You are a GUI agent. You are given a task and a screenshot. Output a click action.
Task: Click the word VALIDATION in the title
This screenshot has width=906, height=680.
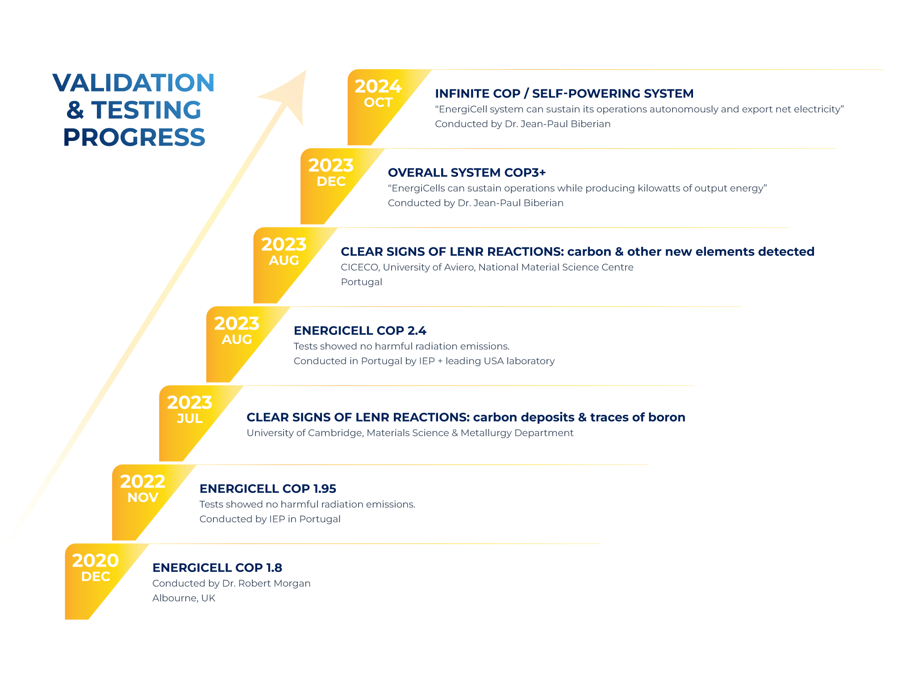pyautogui.click(x=134, y=83)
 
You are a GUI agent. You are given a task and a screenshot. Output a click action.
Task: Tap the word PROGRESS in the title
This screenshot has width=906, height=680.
pyautogui.click(x=134, y=137)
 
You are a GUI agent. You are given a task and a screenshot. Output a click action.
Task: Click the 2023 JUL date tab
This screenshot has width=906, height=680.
pyautogui.click(x=189, y=410)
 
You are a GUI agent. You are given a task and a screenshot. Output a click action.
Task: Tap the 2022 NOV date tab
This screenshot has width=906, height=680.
pyautogui.click(x=142, y=489)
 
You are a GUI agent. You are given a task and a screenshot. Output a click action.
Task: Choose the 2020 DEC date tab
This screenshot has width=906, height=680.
pyautogui.click(x=95, y=568)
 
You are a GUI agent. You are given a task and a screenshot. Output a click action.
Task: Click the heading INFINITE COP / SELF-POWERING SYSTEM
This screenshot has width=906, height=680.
pyautogui.click(x=564, y=94)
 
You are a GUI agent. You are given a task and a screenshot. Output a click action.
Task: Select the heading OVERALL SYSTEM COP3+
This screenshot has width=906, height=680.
pyautogui.click(x=467, y=173)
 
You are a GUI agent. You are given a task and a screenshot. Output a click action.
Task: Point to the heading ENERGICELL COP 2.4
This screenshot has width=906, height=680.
pyautogui.click(x=360, y=331)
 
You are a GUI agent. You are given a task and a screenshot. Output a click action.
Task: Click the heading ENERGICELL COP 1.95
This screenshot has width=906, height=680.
pyautogui.click(x=267, y=489)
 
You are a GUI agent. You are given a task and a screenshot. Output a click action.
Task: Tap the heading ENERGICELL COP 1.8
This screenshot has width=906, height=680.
pyautogui.click(x=217, y=568)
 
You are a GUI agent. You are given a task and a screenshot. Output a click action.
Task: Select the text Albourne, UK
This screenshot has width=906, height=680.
pyautogui.click(x=184, y=598)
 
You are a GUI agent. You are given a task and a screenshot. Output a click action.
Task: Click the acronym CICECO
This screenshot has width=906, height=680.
pyautogui.click(x=359, y=267)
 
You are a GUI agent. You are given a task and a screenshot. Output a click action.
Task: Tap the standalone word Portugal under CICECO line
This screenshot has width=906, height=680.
pyautogui.click(x=361, y=282)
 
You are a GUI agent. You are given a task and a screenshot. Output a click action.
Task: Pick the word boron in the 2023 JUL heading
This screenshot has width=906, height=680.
pyautogui.click(x=667, y=417)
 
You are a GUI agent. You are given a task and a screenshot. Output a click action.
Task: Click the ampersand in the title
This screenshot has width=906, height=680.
pyautogui.click(x=75, y=110)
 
